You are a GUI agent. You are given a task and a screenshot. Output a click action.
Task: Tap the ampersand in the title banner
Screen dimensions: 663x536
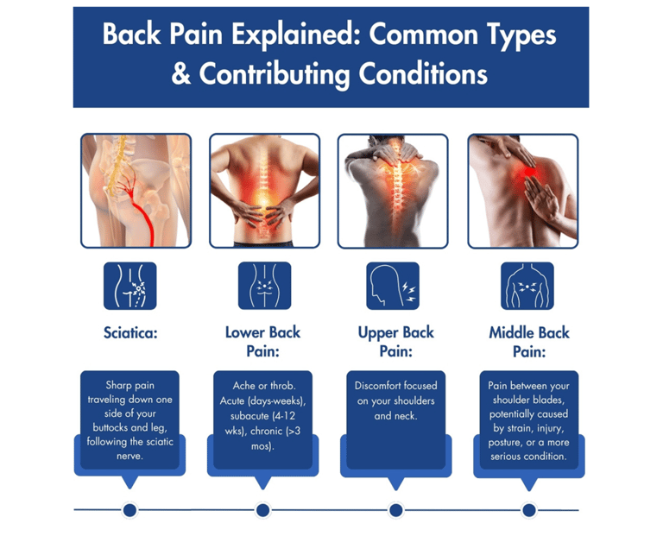pyautogui.click(x=181, y=73)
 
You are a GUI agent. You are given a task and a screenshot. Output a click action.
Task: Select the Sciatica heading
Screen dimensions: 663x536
pyautogui.click(x=130, y=332)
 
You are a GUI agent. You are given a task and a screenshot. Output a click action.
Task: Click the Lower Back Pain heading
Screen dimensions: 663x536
pyautogui.click(x=262, y=342)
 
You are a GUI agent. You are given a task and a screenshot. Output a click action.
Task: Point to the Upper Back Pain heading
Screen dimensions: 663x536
pyautogui.click(x=395, y=342)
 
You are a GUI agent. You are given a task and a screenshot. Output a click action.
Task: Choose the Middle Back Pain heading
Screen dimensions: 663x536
pyautogui.click(x=529, y=342)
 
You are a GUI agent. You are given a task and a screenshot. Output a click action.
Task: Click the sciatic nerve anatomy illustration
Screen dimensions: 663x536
pyautogui.click(x=136, y=191)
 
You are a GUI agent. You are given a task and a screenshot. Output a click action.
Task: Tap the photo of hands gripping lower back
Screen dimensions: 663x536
pyautogui.click(x=265, y=191)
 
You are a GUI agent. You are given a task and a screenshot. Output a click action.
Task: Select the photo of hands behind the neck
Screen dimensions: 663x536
pyautogui.click(x=393, y=191)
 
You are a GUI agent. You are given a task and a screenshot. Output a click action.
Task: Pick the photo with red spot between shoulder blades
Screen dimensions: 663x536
pyautogui.click(x=523, y=191)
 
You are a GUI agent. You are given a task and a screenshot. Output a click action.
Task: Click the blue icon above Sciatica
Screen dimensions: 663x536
pyautogui.click(x=130, y=286)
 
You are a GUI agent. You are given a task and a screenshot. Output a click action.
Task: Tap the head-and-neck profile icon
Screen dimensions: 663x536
pyautogui.click(x=393, y=286)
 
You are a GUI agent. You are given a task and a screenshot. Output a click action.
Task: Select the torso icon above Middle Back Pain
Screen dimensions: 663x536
pyautogui.click(x=527, y=286)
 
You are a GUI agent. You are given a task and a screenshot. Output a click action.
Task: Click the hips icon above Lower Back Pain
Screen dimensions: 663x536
pyautogui.click(x=265, y=286)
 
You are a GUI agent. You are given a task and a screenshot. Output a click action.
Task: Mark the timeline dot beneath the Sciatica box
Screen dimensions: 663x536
pyautogui.click(x=129, y=510)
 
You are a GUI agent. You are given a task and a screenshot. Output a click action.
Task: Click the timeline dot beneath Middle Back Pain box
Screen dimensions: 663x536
pyautogui.click(x=529, y=510)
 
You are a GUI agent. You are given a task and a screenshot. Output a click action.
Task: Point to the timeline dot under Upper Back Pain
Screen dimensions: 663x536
pyautogui.click(x=395, y=510)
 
